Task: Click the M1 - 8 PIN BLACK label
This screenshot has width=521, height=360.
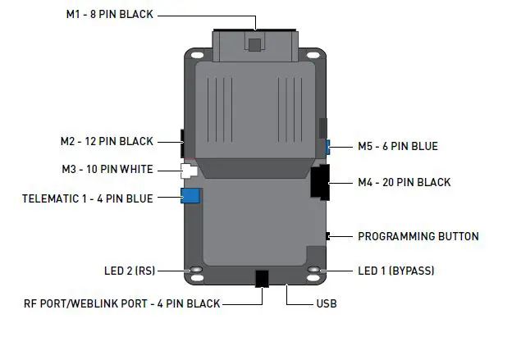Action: [110, 14]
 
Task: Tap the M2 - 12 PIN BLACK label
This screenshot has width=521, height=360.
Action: [107, 141]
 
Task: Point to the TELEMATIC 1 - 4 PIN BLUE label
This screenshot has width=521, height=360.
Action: [87, 198]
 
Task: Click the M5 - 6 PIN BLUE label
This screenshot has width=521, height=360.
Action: [397, 147]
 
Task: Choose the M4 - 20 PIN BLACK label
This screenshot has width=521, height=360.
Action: [404, 182]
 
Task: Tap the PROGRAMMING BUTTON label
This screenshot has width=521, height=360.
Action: [418, 236]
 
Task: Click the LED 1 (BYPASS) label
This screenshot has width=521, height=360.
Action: [396, 271]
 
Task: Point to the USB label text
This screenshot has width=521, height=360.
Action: [326, 303]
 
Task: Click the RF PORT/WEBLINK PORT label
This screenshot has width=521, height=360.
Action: [121, 303]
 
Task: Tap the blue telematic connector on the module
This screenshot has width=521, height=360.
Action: [191, 196]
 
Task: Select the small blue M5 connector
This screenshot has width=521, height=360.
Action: [327, 147]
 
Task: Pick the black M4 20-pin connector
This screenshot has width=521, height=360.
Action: [319, 182]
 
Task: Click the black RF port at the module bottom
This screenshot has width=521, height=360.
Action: [263, 278]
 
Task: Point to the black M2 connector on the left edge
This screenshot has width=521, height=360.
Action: [182, 141]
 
